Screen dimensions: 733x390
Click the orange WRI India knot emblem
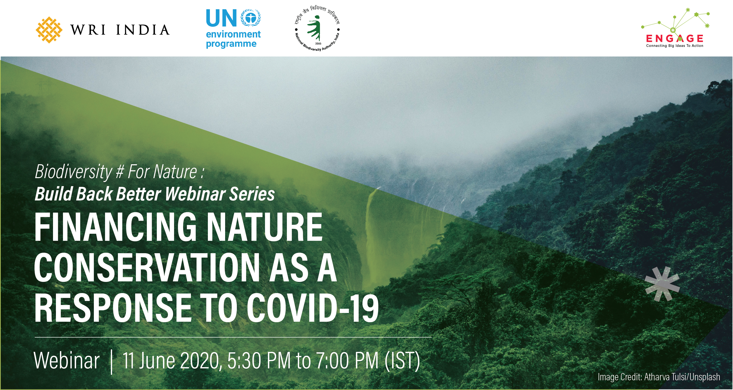(49, 30)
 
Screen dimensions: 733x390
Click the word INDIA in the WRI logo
(143, 30)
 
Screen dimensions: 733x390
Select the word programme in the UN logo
(231, 44)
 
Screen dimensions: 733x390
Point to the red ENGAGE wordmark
(675, 38)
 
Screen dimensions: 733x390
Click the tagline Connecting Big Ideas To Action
(675, 46)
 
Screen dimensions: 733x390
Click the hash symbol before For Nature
(120, 172)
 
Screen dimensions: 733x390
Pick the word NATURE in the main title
(265, 227)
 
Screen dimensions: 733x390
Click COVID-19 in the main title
(313, 308)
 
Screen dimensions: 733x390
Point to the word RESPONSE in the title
(113, 308)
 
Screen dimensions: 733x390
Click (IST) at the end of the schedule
(402, 361)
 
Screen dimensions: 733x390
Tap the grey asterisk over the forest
(662, 284)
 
